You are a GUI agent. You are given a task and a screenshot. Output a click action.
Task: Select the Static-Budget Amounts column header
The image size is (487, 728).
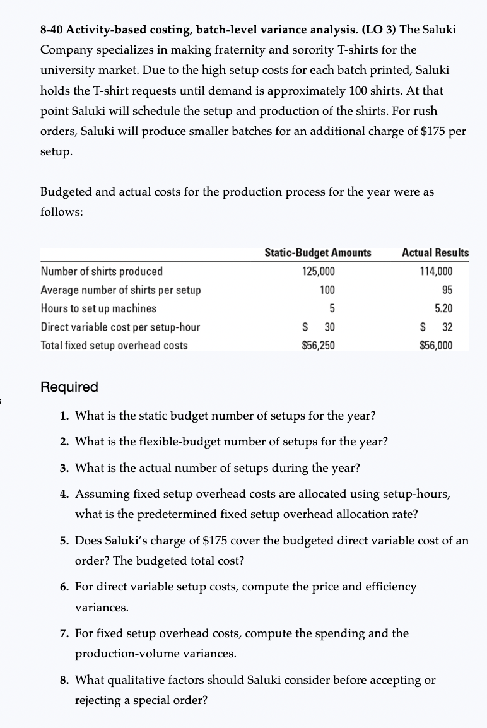pyautogui.click(x=317, y=252)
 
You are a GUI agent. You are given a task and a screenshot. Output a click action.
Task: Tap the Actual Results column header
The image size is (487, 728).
pyautogui.click(x=435, y=252)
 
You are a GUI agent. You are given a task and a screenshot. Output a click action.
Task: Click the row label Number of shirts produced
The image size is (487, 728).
pyautogui.click(x=102, y=271)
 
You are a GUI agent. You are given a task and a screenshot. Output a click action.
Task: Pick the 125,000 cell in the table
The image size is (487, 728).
pyautogui.click(x=319, y=271)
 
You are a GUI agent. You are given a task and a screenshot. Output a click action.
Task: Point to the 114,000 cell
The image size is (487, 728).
pyautogui.click(x=436, y=271)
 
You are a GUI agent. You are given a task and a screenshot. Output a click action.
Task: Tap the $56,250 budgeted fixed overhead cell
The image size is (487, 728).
pyautogui.click(x=319, y=345)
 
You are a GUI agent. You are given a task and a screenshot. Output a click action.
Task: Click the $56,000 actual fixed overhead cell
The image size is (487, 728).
pyautogui.click(x=436, y=345)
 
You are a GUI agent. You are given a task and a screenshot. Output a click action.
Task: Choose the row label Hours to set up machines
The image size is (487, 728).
pyautogui.click(x=98, y=308)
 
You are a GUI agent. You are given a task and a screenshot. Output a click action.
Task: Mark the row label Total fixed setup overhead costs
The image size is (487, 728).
pyautogui.click(x=114, y=345)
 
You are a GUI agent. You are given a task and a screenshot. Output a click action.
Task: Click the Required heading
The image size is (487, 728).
pyautogui.click(x=69, y=387)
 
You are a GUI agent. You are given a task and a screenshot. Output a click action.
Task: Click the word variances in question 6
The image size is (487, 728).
pyautogui.click(x=93, y=608)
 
